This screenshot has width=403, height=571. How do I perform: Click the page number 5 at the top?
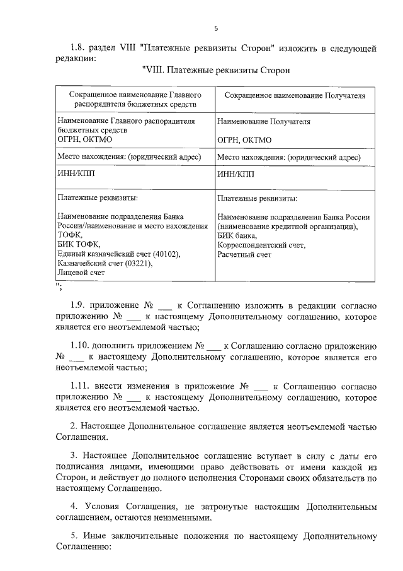(x=216, y=28)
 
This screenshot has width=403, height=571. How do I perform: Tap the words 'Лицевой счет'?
(x=81, y=273)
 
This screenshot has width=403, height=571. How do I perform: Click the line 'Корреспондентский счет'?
(x=261, y=244)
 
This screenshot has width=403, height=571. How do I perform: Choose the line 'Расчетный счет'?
(x=244, y=254)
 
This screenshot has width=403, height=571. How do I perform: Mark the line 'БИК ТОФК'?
(x=78, y=244)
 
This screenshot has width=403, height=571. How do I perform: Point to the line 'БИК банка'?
(x=237, y=235)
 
